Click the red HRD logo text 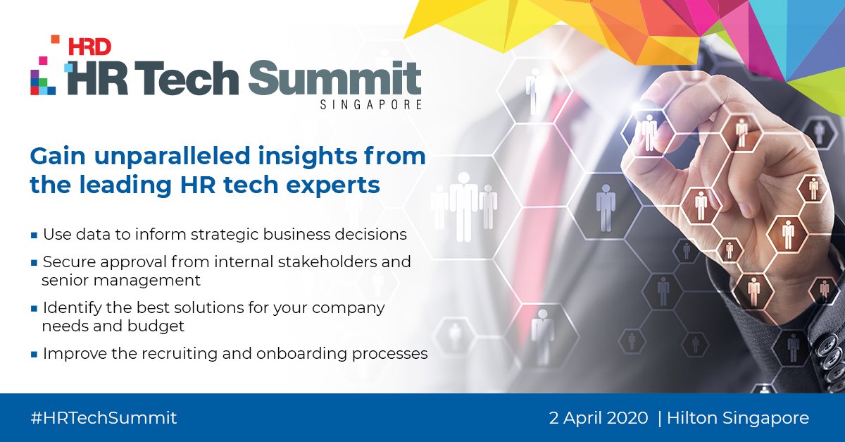click(89, 47)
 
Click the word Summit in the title click(335, 78)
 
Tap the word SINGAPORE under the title click(370, 105)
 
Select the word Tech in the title click(195, 78)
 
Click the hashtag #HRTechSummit click(104, 417)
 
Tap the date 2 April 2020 click(599, 417)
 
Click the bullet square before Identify click(34, 309)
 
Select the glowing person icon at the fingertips click(648, 130)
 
